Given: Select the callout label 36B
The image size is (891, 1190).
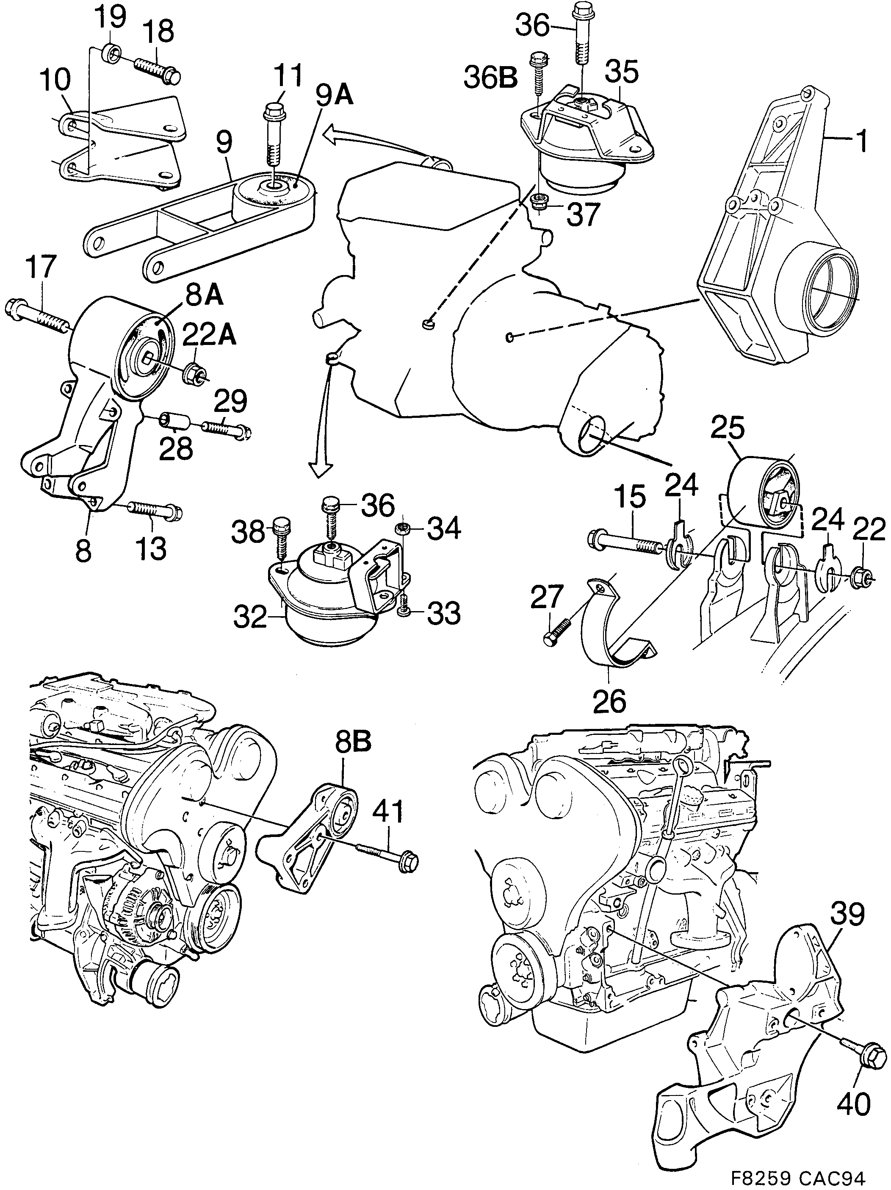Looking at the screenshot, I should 490,78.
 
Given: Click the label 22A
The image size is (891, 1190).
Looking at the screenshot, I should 209,336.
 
